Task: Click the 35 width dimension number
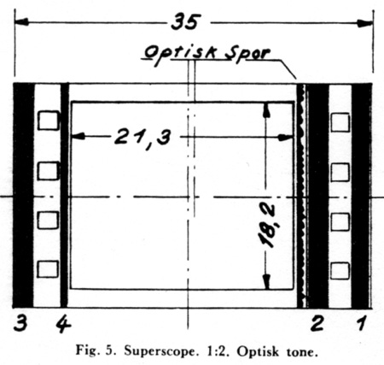186,22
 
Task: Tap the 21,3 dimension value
143,138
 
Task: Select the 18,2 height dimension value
267,225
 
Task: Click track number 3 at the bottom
20,323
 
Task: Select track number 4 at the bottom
63,323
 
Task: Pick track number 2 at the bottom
317,323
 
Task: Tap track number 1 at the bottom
361,323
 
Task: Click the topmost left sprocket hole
49,121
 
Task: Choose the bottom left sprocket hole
48,269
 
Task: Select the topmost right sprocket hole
340,122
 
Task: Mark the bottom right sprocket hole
340,271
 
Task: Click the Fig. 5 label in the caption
96,351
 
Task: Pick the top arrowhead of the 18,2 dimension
266,110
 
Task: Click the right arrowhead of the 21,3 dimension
286,138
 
